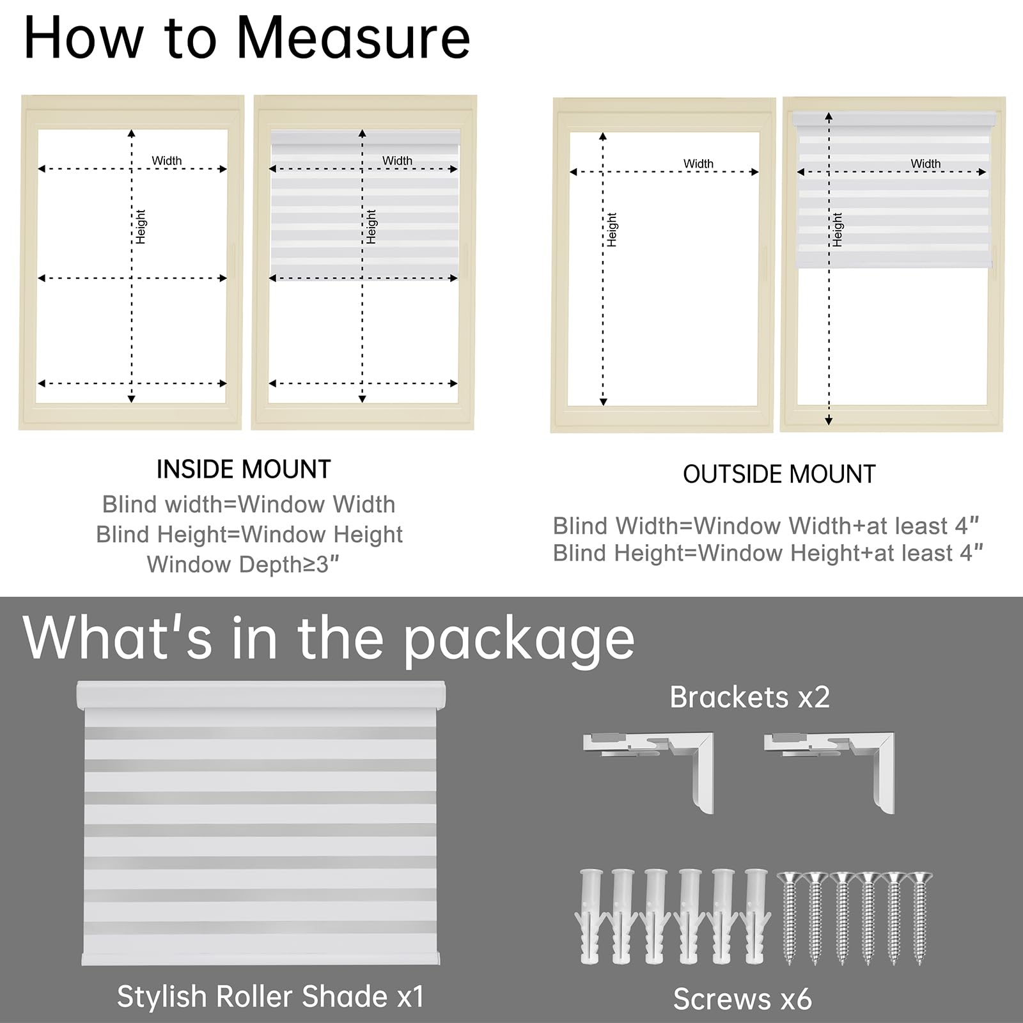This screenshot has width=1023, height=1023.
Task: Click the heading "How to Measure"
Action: [247, 38]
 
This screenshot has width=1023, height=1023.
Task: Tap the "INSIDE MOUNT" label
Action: [244, 469]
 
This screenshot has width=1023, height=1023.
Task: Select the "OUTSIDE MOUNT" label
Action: [779, 474]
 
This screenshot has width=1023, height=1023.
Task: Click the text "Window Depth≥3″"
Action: [243, 565]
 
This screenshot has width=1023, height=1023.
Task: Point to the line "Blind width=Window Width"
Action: [249, 504]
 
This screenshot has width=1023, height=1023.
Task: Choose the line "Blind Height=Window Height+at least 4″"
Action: [768, 553]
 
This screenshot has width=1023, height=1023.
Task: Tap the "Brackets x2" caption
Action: [749, 697]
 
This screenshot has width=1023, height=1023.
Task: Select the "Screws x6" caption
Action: [742, 999]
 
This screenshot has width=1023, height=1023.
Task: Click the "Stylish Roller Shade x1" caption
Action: [270, 996]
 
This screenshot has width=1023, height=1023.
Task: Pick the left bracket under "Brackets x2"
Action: [648, 772]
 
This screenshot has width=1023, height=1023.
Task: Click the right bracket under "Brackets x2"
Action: [829, 772]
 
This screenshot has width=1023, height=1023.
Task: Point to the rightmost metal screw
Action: [920, 917]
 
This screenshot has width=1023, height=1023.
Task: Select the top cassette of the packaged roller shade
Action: [261, 694]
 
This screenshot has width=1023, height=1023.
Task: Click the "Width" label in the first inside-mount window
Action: [167, 160]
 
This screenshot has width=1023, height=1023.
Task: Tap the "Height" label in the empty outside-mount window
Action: [613, 230]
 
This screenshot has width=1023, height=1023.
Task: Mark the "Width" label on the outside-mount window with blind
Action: [926, 164]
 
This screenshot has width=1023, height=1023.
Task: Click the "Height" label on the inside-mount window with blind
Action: [371, 226]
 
